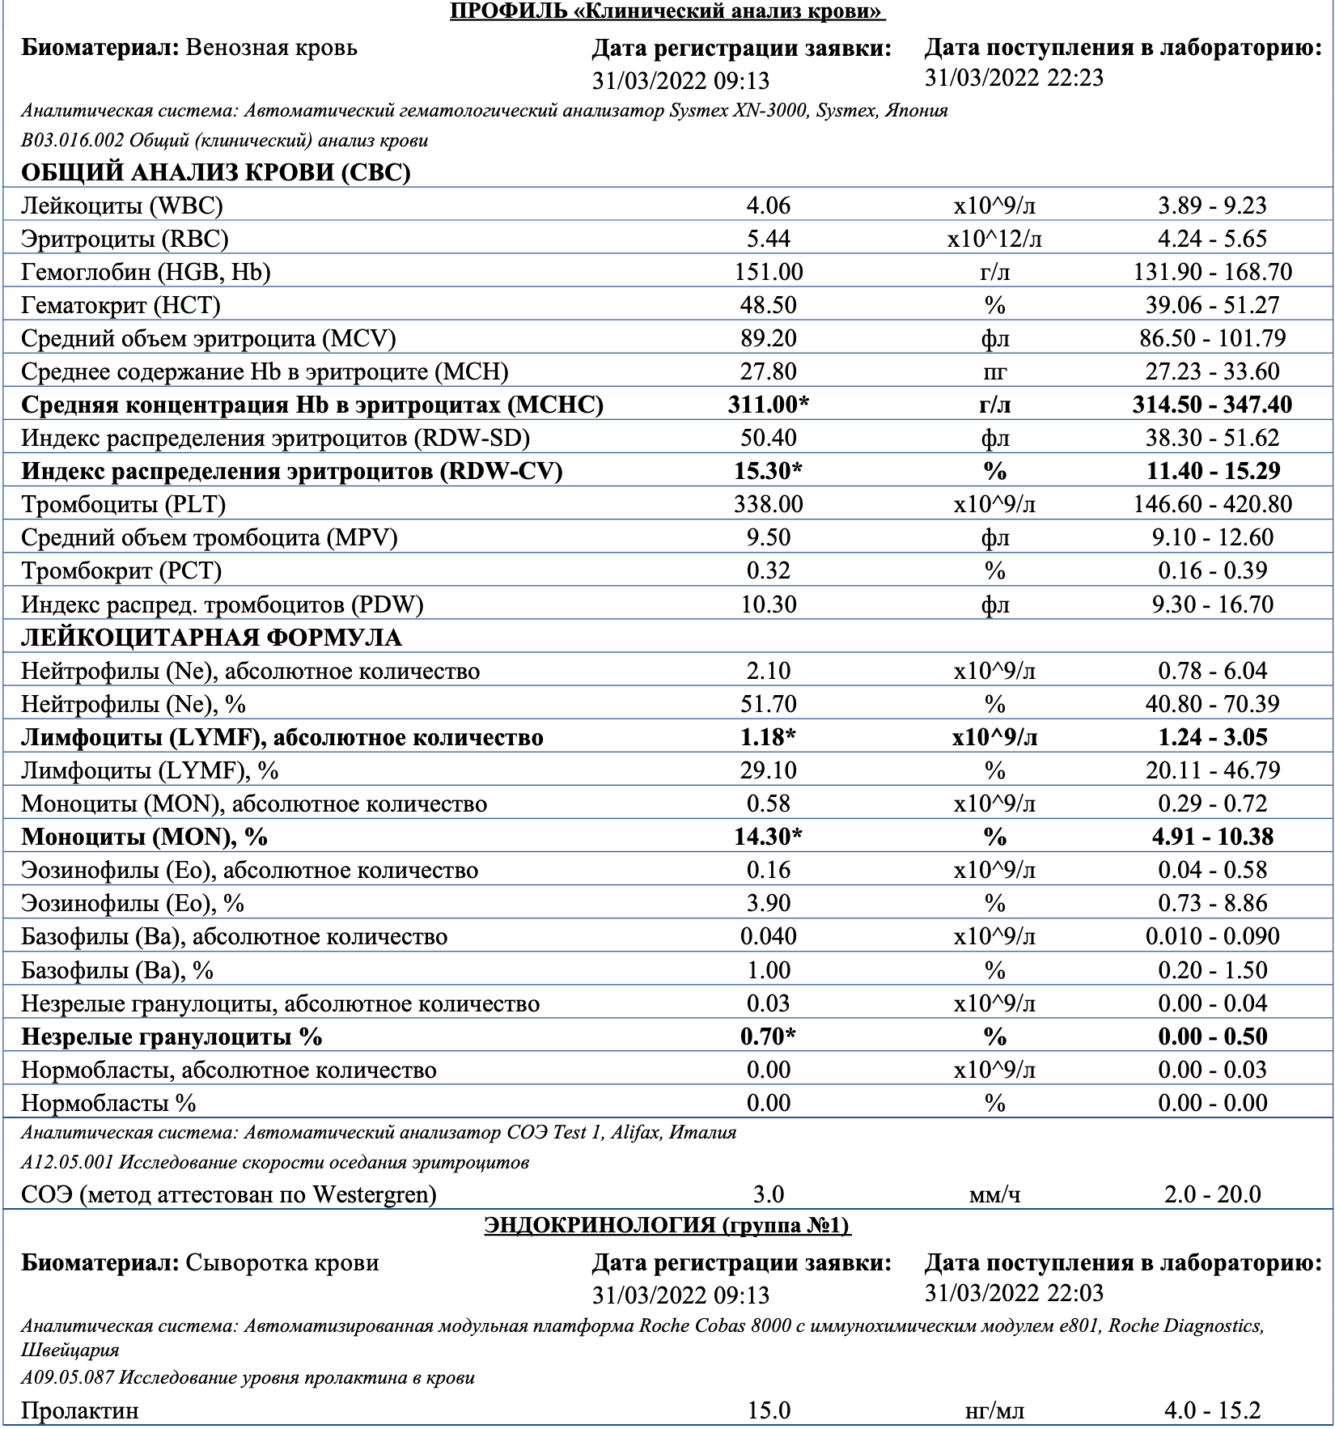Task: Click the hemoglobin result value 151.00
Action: tap(768, 272)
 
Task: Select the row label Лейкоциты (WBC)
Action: tap(122, 206)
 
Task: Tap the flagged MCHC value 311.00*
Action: tap(768, 405)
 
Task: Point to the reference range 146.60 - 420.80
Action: tap(1212, 504)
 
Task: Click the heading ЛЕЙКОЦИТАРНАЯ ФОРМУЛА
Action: tap(211, 638)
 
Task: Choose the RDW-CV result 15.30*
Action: tap(768, 471)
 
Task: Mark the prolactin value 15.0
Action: tap(768, 1410)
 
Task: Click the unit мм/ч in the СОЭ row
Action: tap(994, 1194)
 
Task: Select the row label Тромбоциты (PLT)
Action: tap(124, 504)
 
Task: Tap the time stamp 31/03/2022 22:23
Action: tap(1014, 78)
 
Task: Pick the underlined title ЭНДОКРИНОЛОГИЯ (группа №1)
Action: tap(667, 1226)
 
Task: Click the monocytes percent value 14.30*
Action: tap(768, 836)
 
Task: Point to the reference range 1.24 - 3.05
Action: tap(1212, 737)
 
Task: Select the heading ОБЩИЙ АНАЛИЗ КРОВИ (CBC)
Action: tap(216, 172)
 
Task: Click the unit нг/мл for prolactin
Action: tap(994, 1410)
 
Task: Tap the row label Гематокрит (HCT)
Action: tap(121, 305)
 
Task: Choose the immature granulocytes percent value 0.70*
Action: tap(768, 1037)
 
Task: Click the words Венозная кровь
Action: tap(271, 47)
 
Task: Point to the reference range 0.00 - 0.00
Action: tap(1212, 1103)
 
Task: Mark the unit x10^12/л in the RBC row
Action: tap(994, 239)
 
